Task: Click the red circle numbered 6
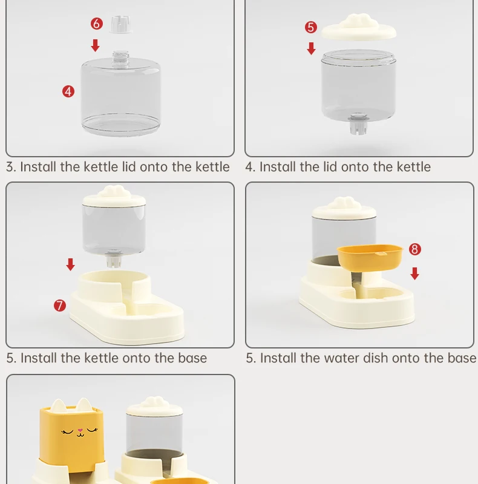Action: (97, 24)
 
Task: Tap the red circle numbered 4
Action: (68, 91)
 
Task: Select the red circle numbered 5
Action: (311, 27)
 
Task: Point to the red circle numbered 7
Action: (60, 306)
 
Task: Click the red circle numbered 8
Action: (414, 249)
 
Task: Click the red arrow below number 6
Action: (96, 45)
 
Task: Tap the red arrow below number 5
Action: (311, 48)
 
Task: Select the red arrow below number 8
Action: (414, 274)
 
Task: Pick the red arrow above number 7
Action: (70, 264)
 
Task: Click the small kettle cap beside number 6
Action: (120, 24)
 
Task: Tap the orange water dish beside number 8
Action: (370, 258)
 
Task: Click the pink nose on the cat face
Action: (80, 430)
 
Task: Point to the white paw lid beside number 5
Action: (359, 27)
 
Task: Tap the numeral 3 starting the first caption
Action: (10, 167)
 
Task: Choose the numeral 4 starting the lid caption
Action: (249, 167)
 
